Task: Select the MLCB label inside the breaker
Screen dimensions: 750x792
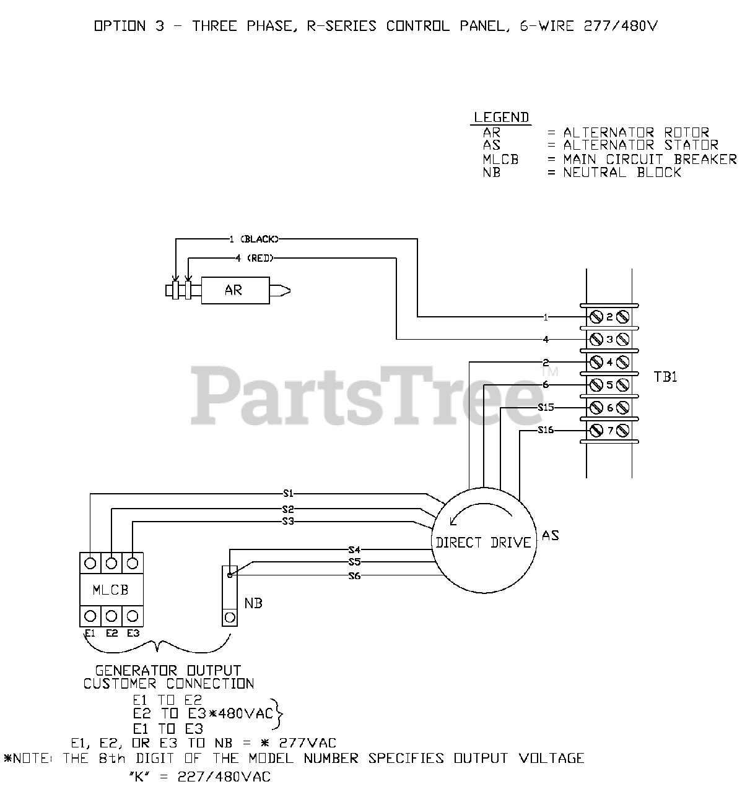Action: [x=111, y=590]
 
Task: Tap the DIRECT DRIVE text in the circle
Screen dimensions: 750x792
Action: [x=483, y=543]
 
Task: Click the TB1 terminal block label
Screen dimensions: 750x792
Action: [x=666, y=377]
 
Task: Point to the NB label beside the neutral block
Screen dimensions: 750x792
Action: [x=253, y=603]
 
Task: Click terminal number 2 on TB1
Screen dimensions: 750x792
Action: [x=609, y=317]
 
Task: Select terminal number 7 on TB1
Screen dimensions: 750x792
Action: [x=609, y=430]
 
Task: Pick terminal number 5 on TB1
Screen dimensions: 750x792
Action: [x=609, y=385]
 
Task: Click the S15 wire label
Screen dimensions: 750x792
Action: [x=546, y=407]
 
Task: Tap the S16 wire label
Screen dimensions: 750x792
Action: [x=546, y=430]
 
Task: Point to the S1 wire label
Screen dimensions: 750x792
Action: [x=288, y=494]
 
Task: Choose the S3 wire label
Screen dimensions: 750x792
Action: [x=288, y=522]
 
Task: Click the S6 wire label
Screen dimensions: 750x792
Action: [x=354, y=576]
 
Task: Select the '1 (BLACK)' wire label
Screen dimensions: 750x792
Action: [x=254, y=239]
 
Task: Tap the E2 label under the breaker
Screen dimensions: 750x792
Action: [x=111, y=633]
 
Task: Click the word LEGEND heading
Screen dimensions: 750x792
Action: [x=501, y=118]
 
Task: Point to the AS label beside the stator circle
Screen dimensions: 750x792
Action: [x=550, y=535]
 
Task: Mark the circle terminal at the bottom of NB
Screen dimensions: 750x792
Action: [x=230, y=617]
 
